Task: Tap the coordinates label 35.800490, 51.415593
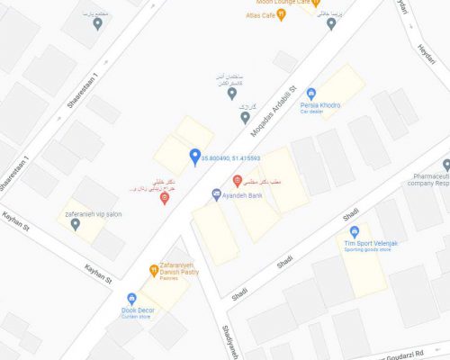click(236, 158)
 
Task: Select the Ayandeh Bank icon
click(216, 193)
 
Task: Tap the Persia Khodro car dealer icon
click(311, 94)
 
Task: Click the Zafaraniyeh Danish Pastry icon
click(154, 271)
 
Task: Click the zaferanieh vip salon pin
click(76, 224)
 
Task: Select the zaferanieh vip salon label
click(92, 214)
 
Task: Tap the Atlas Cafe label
click(261, 15)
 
